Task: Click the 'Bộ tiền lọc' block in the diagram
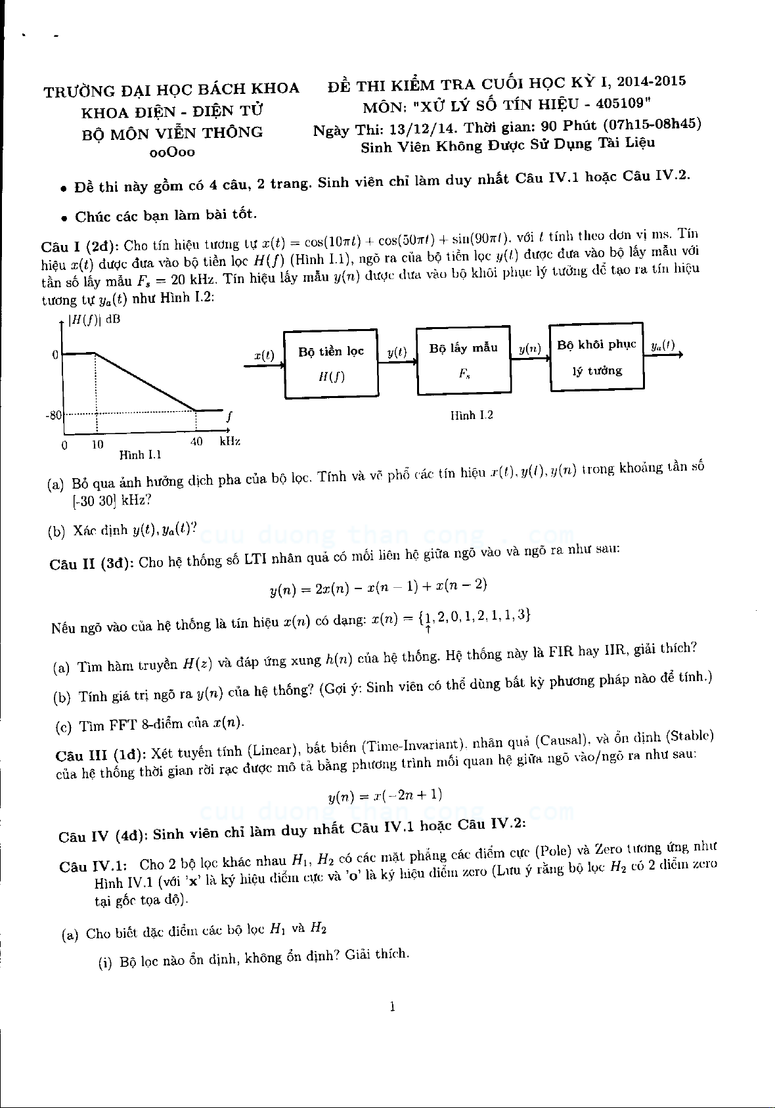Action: point(331,365)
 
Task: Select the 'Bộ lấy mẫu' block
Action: point(464,360)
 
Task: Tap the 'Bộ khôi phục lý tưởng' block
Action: point(596,357)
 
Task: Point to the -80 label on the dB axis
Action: point(53,415)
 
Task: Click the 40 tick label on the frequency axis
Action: point(196,442)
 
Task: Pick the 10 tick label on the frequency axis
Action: point(97,445)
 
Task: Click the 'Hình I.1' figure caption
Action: point(140,454)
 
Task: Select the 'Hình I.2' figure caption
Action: point(472,415)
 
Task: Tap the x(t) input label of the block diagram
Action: point(264,355)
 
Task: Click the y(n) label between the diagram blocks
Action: point(529,349)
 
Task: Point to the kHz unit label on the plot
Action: point(230,441)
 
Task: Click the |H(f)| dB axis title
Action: point(95,321)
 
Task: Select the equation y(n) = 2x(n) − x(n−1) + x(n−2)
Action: point(378,587)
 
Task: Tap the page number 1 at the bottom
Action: point(392,1007)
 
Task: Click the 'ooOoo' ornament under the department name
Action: point(172,152)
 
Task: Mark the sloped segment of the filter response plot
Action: point(146,382)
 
